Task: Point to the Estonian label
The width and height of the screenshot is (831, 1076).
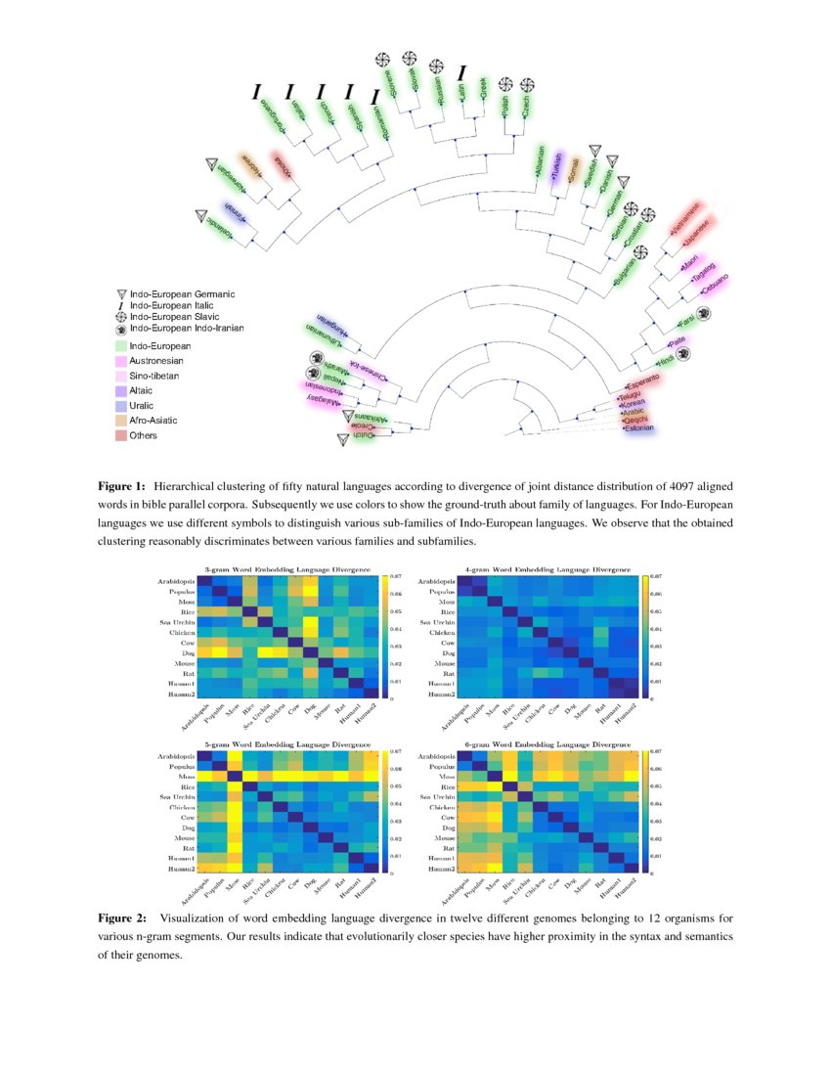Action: [x=635, y=427]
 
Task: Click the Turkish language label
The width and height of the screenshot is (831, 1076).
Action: [x=557, y=167]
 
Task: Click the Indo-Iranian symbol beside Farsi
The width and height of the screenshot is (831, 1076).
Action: [x=702, y=312]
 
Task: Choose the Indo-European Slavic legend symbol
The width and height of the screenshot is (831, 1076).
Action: [x=121, y=317]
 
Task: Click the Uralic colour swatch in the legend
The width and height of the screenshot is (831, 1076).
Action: [x=121, y=405]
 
